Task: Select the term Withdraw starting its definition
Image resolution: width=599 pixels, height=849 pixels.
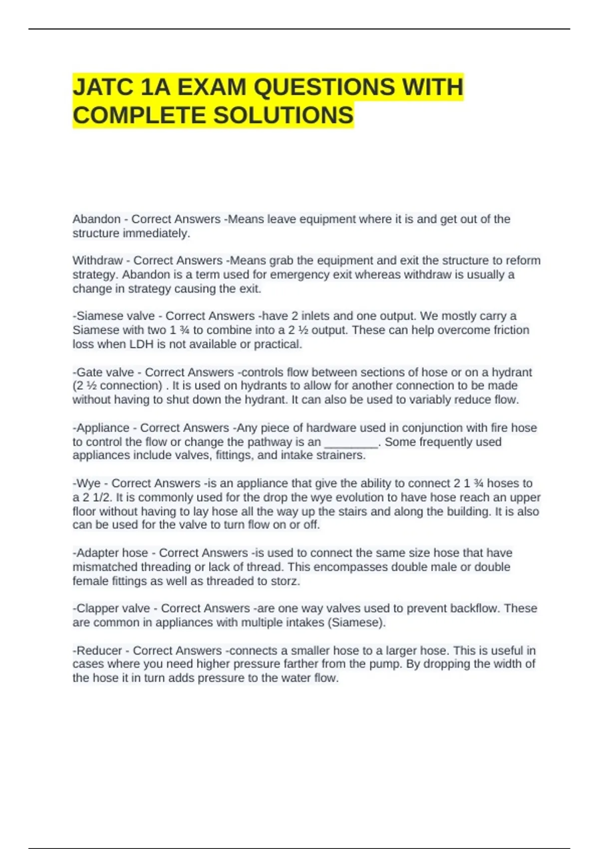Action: click(x=97, y=261)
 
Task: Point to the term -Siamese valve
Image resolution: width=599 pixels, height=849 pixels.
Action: click(x=113, y=316)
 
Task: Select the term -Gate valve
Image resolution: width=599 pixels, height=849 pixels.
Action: click(x=103, y=373)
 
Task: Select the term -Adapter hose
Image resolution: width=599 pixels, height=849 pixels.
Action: click(x=110, y=553)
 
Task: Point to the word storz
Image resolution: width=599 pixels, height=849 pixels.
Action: click(x=285, y=581)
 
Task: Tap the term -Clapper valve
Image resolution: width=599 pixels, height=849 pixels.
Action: click(x=111, y=608)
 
